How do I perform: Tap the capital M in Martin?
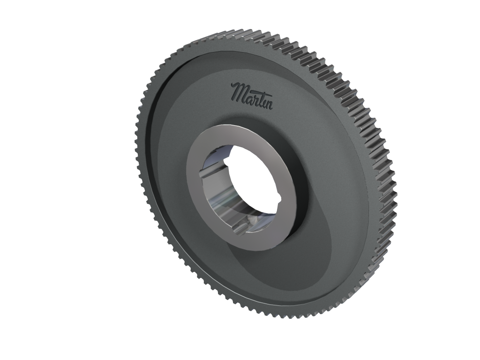239,90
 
